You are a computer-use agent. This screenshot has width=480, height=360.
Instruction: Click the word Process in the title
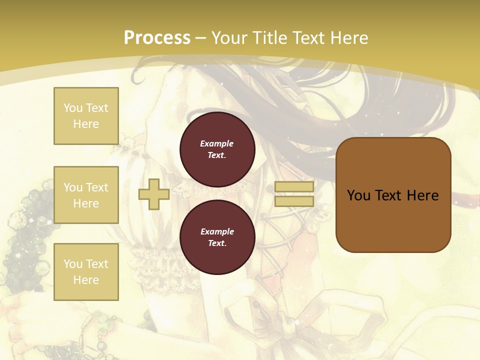coord(157,37)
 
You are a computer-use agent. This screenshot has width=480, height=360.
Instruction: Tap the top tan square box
coord(86,116)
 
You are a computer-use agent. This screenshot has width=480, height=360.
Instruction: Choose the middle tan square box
coord(86,195)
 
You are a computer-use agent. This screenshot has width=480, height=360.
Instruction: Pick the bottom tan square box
coord(86,272)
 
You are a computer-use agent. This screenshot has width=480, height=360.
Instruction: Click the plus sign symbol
coord(154,194)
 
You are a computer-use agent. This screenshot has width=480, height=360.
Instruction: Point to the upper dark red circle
coord(217,149)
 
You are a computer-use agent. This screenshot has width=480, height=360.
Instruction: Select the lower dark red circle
coord(217,237)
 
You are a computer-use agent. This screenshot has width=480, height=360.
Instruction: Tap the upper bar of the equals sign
coord(294,186)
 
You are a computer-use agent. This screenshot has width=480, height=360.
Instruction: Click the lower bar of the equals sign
coord(294,201)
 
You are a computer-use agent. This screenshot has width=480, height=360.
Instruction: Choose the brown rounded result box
coord(393,195)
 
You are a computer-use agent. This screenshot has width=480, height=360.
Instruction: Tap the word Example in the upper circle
coord(216,143)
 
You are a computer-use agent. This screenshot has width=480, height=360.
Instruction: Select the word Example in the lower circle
coord(216,231)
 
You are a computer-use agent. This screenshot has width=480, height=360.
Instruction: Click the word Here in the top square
coord(86,124)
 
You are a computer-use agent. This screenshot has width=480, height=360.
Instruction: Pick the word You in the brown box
coord(358,195)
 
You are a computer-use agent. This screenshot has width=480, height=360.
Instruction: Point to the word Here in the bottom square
coord(86,280)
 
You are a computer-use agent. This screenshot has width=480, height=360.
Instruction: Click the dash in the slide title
coord(201,38)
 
